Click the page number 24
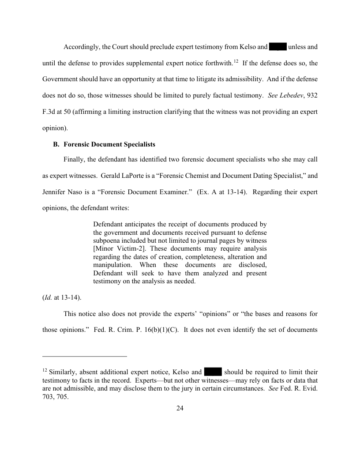point(180,408)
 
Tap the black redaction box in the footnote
point(213,372)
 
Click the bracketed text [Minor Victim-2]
point(118,249)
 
